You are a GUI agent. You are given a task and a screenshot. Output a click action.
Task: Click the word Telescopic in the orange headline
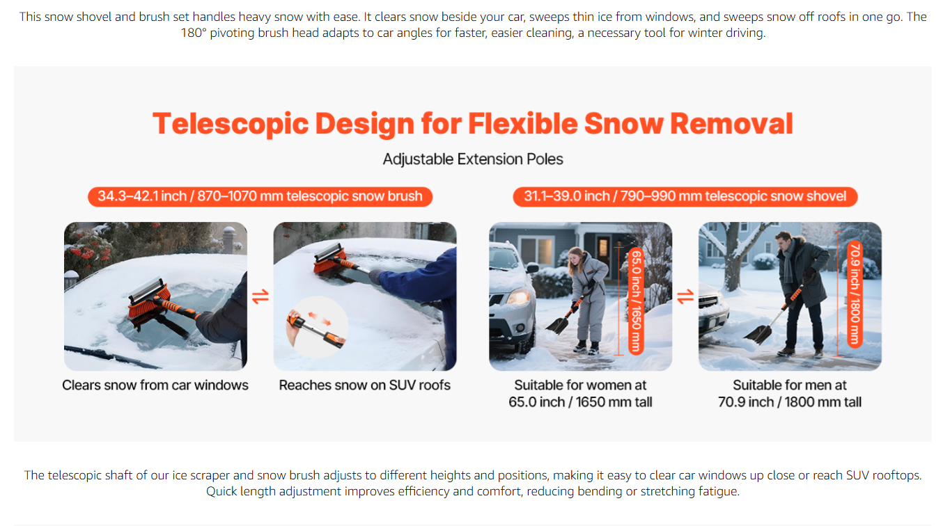pos(231,124)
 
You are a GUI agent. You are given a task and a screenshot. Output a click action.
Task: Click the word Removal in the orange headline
pos(731,124)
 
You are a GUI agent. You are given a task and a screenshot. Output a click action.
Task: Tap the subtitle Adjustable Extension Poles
pos(473,159)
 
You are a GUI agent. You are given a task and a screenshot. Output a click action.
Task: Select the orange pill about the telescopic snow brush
pos(260,197)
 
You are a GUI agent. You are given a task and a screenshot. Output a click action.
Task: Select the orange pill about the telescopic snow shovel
pos(685,197)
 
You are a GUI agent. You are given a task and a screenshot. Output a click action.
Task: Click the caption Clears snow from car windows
pos(155,385)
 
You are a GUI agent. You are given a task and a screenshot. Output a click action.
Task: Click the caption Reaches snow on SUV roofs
pos(364,385)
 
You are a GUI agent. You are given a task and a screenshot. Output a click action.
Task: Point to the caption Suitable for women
pos(580,394)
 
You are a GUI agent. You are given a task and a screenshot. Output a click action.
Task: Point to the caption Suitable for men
pos(790,394)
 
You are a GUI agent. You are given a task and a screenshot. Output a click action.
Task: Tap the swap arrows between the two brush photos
pos(260,297)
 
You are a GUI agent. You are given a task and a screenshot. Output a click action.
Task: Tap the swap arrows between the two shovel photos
pos(685,297)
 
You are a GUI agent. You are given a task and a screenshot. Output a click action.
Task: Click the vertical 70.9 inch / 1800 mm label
pos(855,294)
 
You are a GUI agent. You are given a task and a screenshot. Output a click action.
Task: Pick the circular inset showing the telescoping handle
pos(317,327)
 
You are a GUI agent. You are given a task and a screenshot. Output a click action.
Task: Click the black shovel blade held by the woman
pos(557,325)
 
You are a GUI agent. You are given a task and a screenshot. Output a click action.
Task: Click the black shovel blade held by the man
pos(758,334)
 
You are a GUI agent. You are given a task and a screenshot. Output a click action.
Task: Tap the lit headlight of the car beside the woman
pos(518,297)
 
